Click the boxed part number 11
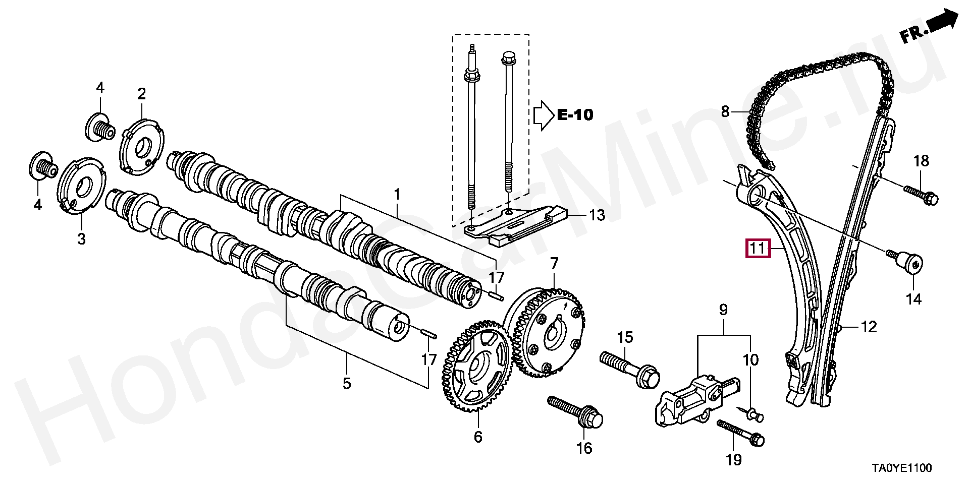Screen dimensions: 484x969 coord(758,249)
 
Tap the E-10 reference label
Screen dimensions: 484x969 coord(575,115)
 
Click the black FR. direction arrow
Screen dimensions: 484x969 coord(943,25)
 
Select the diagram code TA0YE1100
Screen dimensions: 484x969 coord(903,468)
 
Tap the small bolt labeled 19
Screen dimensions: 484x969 coord(741,432)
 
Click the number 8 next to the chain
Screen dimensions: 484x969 coord(725,111)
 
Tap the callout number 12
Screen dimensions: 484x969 coord(869,327)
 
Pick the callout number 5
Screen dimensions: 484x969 coord(347,383)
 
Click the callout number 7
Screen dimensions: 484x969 coord(554,264)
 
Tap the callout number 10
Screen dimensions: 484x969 coord(750,360)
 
